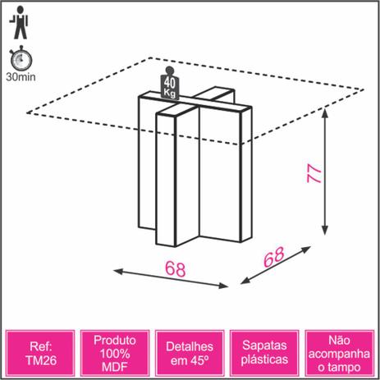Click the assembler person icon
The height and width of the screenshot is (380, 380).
tap(20, 23)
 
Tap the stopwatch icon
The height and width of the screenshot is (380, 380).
tap(21, 58)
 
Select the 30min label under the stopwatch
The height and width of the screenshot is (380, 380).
tap(21, 77)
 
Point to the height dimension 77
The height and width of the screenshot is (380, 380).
tap(314, 173)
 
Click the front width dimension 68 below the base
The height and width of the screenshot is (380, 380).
tap(176, 268)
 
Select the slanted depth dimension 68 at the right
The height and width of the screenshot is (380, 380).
tap(273, 257)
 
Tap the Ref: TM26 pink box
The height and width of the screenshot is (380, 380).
tap(40, 353)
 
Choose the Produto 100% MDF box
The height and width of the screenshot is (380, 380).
tap(115, 353)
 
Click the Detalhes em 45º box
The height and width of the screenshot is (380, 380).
tap(190, 353)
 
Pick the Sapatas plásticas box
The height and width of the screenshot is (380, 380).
tap(264, 353)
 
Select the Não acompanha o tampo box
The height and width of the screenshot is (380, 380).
tap(340, 353)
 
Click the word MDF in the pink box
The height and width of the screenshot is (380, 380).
tap(115, 367)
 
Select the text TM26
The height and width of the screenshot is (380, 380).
tap(41, 360)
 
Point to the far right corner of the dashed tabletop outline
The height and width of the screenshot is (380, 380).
tap(364, 89)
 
